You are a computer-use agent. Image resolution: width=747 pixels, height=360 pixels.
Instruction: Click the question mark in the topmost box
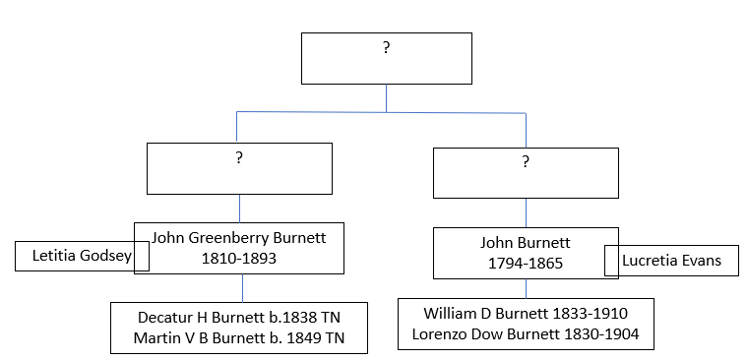(x=386, y=48)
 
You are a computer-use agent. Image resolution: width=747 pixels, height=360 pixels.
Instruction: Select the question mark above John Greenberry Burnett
(x=238, y=159)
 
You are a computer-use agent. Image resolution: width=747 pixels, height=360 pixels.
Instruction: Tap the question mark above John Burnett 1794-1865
(x=525, y=161)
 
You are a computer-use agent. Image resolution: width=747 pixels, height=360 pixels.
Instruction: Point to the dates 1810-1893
(x=238, y=258)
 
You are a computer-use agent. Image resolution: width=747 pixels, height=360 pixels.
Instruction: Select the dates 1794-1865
(x=525, y=264)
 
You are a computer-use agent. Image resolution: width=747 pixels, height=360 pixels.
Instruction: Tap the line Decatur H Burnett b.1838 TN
(x=239, y=318)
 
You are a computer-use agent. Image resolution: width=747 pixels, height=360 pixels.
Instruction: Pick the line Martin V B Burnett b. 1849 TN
(x=239, y=340)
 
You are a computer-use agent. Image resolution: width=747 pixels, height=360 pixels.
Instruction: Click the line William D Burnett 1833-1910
(x=526, y=313)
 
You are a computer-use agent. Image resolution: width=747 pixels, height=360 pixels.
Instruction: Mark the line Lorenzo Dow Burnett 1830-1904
(x=526, y=334)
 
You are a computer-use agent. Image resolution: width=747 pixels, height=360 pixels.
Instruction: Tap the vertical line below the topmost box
(x=386, y=98)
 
